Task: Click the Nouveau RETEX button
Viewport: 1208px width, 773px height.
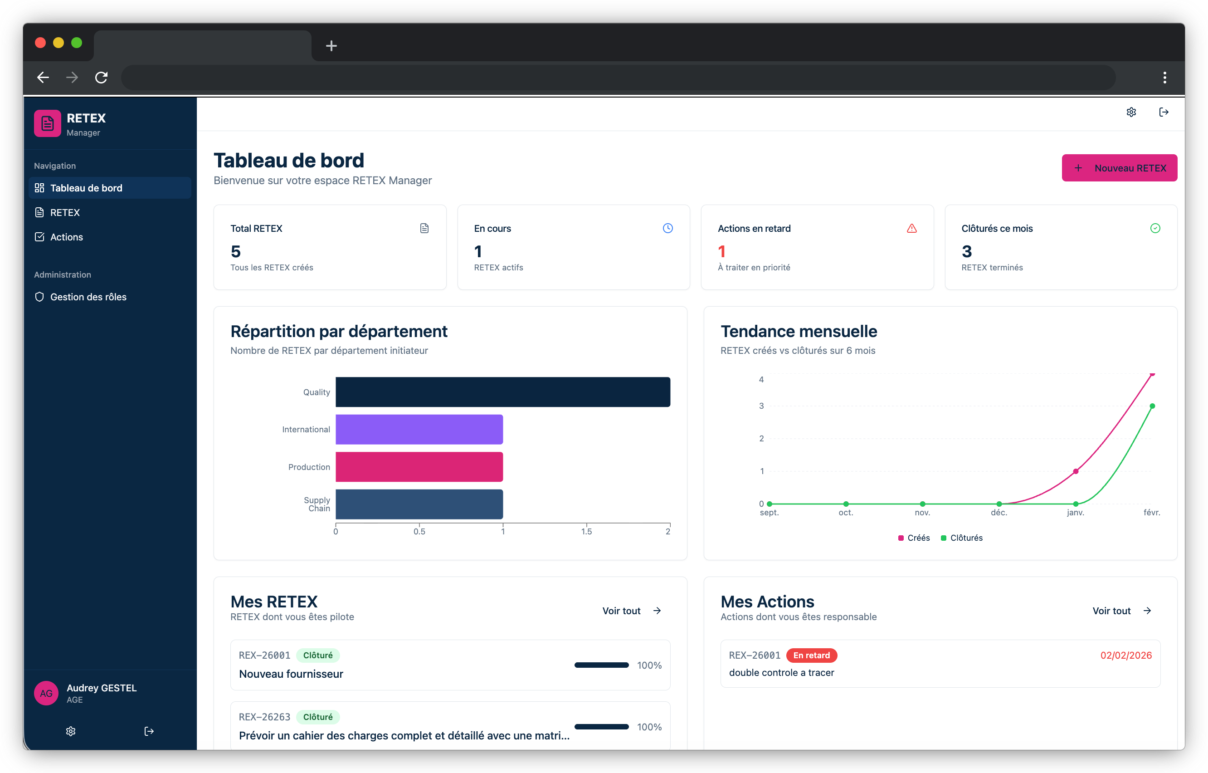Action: tap(1119, 168)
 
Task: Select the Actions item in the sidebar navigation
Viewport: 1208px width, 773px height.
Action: tap(66, 237)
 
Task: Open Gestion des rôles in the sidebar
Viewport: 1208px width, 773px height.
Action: tap(88, 297)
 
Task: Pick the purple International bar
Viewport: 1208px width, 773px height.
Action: tap(419, 429)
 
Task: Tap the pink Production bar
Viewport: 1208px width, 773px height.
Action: tap(419, 467)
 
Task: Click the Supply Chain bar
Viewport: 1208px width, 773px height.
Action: tap(419, 504)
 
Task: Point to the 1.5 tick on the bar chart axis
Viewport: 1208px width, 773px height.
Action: tap(586, 531)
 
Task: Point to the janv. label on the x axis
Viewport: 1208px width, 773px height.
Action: tap(1075, 513)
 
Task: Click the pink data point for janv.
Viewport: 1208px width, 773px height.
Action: tap(1076, 471)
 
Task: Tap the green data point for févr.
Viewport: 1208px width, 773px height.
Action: tap(1152, 406)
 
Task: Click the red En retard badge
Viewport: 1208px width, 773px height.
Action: tap(811, 655)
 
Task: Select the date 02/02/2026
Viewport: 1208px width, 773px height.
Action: tap(1126, 655)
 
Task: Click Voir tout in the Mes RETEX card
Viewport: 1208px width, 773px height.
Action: tap(631, 610)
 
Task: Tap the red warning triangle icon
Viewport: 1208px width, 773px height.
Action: tap(911, 228)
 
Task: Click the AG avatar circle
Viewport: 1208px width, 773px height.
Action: tap(46, 693)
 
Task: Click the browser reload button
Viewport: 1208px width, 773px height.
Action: tap(101, 77)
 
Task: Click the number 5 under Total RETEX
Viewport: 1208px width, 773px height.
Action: tap(235, 251)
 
